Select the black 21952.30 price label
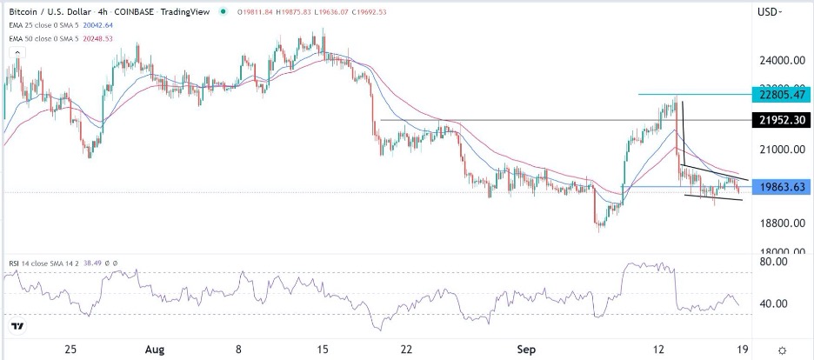tap(782, 120)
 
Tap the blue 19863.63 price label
tap(782, 186)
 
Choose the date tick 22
tap(406, 348)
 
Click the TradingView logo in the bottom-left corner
tap(17, 327)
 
